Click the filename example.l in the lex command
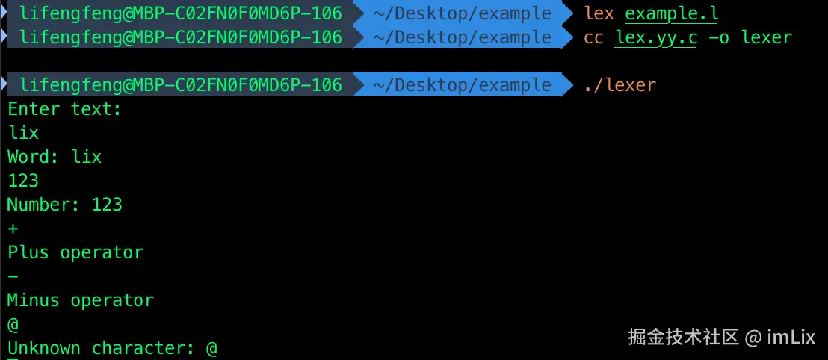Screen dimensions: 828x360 click(672, 13)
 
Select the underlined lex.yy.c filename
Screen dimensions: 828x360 click(655, 37)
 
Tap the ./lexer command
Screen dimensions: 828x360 click(620, 85)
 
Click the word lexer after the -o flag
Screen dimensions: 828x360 click(766, 37)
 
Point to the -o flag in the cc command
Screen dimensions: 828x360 click(718, 37)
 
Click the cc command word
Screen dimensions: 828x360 click(593, 37)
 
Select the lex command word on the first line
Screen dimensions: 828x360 click(599, 13)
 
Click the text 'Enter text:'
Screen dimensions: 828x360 click(64, 109)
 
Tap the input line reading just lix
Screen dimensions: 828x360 click(23, 133)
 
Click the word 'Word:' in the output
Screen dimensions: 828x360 click(34, 157)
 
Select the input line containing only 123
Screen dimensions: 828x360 click(23, 181)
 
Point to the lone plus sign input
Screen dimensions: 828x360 click(13, 229)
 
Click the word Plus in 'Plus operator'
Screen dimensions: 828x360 click(28, 252)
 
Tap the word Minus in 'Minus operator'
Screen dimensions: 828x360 click(34, 300)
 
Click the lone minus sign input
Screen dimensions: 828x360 click(13, 276)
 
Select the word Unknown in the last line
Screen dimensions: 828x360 click(44, 348)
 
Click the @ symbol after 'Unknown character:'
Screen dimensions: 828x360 click(211, 348)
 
